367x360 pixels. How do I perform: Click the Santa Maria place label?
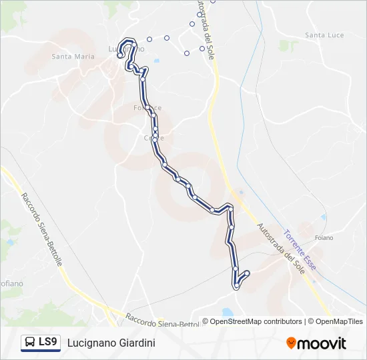[73, 57]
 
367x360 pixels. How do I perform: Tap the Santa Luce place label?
[324, 35]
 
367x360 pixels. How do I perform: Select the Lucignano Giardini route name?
[111, 343]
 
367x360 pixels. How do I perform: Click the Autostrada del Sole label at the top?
[204, 30]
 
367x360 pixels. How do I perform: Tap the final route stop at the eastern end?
[247, 273]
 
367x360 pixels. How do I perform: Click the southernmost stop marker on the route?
[237, 286]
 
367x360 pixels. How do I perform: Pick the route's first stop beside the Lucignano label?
[120, 56]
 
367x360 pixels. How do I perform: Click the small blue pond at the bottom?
[226, 312]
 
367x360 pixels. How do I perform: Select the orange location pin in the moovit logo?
[291, 343]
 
